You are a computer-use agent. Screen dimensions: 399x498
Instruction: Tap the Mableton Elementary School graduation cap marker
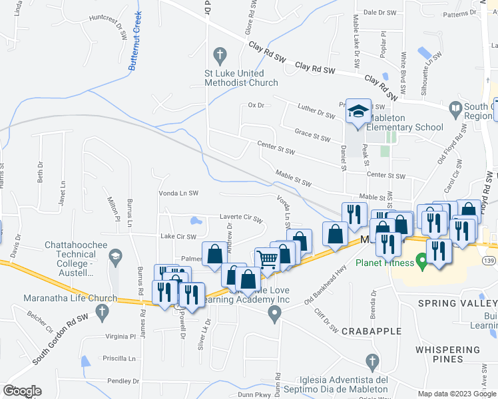[358, 110]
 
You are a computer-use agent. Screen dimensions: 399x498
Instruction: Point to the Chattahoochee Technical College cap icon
[115, 256]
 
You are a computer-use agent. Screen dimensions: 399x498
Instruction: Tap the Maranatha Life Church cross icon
[102, 311]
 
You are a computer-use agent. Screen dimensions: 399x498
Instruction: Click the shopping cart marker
[267, 259]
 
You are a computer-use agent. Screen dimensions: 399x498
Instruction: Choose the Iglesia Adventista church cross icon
[373, 362]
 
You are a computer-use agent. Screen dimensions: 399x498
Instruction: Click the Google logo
[22, 391]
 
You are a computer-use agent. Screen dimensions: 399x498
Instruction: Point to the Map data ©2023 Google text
[457, 394]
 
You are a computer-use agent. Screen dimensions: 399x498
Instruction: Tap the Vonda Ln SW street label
[178, 193]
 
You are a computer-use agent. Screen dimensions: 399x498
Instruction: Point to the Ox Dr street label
[256, 105]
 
